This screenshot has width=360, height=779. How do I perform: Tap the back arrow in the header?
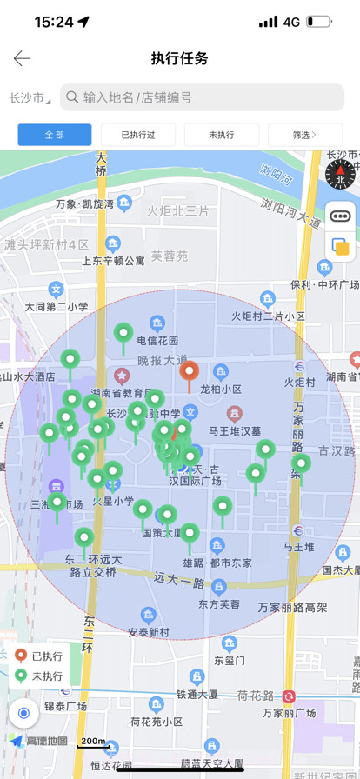coord(22,58)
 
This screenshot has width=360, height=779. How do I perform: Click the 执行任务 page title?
coord(180,58)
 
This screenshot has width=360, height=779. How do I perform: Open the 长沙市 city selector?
coord(29,98)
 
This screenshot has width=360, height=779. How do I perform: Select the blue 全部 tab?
coord(55,135)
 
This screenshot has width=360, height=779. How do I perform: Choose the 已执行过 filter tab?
coord(138,135)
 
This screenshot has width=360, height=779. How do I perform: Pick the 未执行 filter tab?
coord(222,135)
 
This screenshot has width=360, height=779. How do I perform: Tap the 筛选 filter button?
coord(304,135)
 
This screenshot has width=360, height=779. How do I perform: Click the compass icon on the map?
coord(340,174)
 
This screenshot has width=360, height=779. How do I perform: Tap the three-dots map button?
coord(340,216)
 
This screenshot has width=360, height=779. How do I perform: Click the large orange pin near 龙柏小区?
coord(190,373)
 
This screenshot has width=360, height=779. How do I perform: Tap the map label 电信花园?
coord(157,340)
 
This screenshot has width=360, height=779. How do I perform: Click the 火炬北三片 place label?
coord(178,211)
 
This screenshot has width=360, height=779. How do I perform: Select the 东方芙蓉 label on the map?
coord(218,603)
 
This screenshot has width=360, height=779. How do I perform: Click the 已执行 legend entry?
coord(40,656)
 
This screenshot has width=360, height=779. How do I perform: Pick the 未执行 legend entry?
coord(40,676)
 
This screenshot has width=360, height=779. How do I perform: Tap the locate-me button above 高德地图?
coord(23,714)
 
